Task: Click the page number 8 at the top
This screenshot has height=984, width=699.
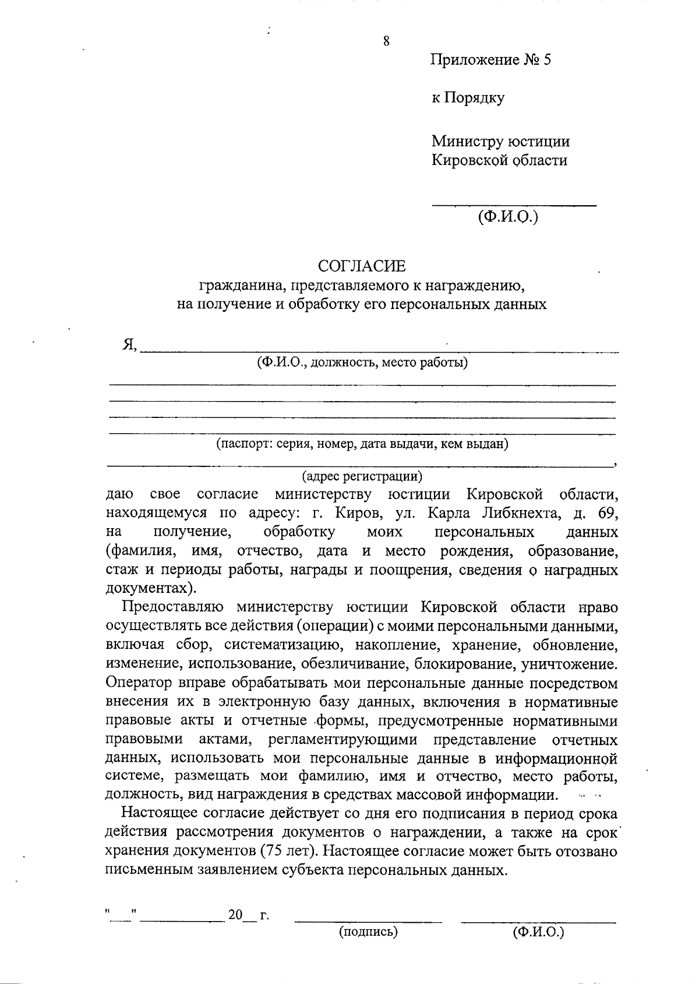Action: point(386,41)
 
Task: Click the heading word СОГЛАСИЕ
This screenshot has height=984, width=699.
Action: point(361,266)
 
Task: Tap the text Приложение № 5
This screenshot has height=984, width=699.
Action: point(490,60)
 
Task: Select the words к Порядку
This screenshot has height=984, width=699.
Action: point(468,97)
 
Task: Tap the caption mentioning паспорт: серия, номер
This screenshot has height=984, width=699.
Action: point(362,444)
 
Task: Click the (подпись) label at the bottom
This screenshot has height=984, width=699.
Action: point(368,932)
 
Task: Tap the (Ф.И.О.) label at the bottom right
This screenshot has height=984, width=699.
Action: point(538,932)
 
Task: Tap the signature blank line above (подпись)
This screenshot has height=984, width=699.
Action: point(368,921)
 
